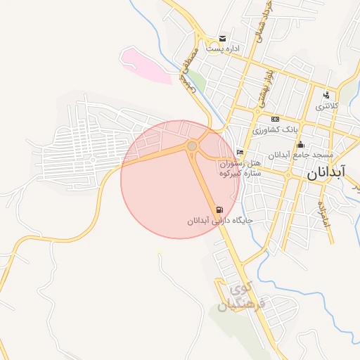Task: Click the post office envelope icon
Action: [x=223, y=38]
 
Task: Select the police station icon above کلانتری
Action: [x=326, y=95]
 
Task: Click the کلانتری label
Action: [x=327, y=106]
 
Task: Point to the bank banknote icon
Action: [x=274, y=119]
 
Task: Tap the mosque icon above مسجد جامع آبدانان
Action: [x=302, y=144]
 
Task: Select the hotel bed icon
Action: [x=240, y=152]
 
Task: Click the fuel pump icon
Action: [x=220, y=210]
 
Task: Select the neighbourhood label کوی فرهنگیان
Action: [x=240, y=297]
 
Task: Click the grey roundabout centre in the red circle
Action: [x=192, y=146]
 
